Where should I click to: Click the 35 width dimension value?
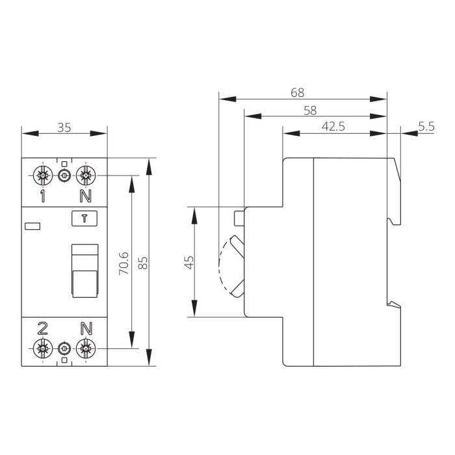coord(64,127)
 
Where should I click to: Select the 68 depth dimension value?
coord(298,93)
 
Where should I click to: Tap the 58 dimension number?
coord(310,110)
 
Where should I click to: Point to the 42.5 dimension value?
coord(333,127)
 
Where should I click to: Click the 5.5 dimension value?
coord(426,127)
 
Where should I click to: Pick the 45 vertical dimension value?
coord(189,262)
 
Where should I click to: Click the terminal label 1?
coord(43,196)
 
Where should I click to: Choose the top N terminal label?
coord(84,196)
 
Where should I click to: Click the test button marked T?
coord(83,218)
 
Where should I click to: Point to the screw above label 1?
coord(43,175)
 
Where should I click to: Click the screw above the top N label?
coord(84,175)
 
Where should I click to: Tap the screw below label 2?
coord(43,348)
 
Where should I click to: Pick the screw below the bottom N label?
coord(84,348)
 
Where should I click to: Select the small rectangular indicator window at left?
coord(32,226)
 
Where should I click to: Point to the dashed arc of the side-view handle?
coord(222,263)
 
